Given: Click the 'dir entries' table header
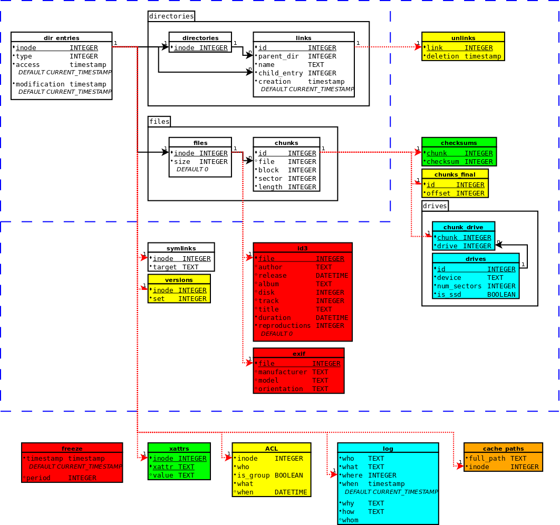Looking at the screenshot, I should (62, 38).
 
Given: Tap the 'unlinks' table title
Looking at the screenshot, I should (463, 38).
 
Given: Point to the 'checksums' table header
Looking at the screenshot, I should (459, 143).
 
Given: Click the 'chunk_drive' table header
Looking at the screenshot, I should (463, 227).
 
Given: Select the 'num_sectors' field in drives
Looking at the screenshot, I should (459, 286).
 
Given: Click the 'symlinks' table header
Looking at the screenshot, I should (181, 248).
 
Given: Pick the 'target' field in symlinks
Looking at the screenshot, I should (165, 267).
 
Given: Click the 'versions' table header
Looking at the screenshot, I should (179, 280).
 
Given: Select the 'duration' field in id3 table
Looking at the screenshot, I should (274, 318).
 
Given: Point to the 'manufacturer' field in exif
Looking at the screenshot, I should (282, 372).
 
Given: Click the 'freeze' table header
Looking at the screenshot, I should (72, 449).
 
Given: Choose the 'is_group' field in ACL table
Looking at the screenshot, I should (253, 475).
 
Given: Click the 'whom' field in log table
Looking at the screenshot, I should (350, 520).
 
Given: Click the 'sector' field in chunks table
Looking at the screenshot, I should (270, 179).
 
